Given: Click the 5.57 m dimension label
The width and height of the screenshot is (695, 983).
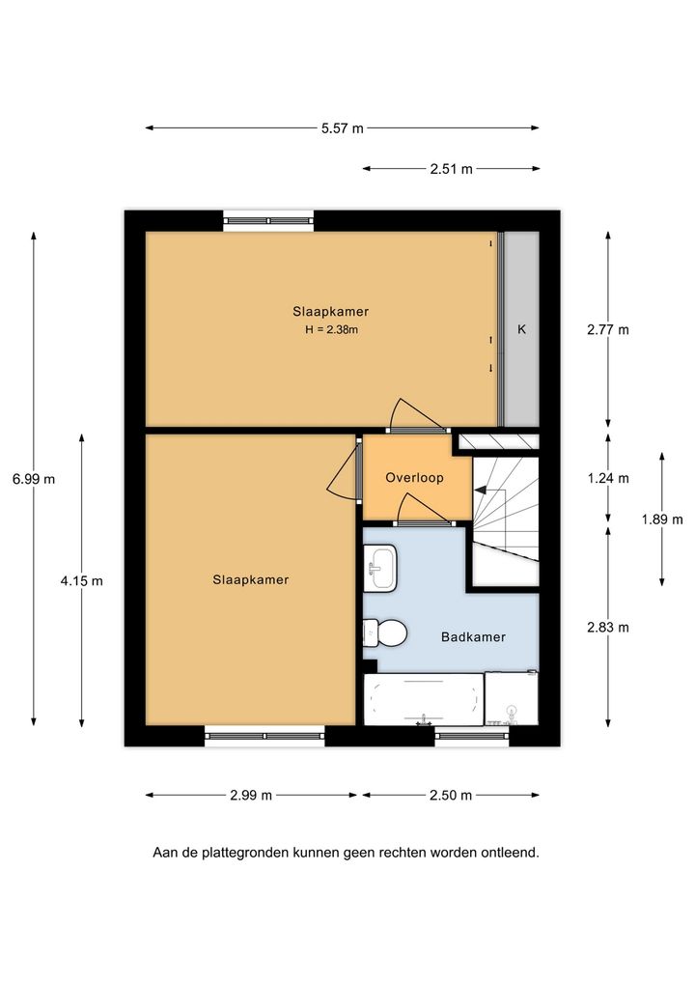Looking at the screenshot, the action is tap(342, 128).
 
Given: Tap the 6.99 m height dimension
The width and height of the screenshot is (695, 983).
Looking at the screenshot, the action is tap(34, 480).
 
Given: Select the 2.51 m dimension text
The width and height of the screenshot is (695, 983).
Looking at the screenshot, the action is tap(451, 169).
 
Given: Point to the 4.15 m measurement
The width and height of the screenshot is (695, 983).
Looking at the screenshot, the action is tap(81, 581).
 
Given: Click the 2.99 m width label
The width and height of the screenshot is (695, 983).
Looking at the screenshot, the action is tap(251, 796).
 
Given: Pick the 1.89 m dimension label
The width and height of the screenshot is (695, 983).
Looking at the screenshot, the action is tap(662, 520).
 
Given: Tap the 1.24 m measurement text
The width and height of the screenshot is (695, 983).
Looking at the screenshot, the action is tap(608, 479).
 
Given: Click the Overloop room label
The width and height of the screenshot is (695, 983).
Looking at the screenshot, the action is tap(414, 478).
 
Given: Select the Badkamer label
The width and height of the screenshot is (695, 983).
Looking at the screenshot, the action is tap(473, 637).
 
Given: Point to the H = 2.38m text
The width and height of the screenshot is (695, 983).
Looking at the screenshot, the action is tap(331, 329).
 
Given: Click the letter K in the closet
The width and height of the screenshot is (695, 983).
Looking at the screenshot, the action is tap(521, 329).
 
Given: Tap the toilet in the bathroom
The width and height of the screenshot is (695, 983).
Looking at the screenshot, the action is tap(385, 633).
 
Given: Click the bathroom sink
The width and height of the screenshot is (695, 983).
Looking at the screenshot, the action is tap(380, 568).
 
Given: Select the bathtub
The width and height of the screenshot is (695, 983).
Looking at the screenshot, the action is tap(424, 699).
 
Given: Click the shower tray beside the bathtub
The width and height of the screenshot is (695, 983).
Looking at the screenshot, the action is tap(512, 698).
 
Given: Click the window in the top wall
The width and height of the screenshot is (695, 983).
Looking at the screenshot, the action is tap(268, 221).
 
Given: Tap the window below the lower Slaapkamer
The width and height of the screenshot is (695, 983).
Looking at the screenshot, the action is tap(264, 737).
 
